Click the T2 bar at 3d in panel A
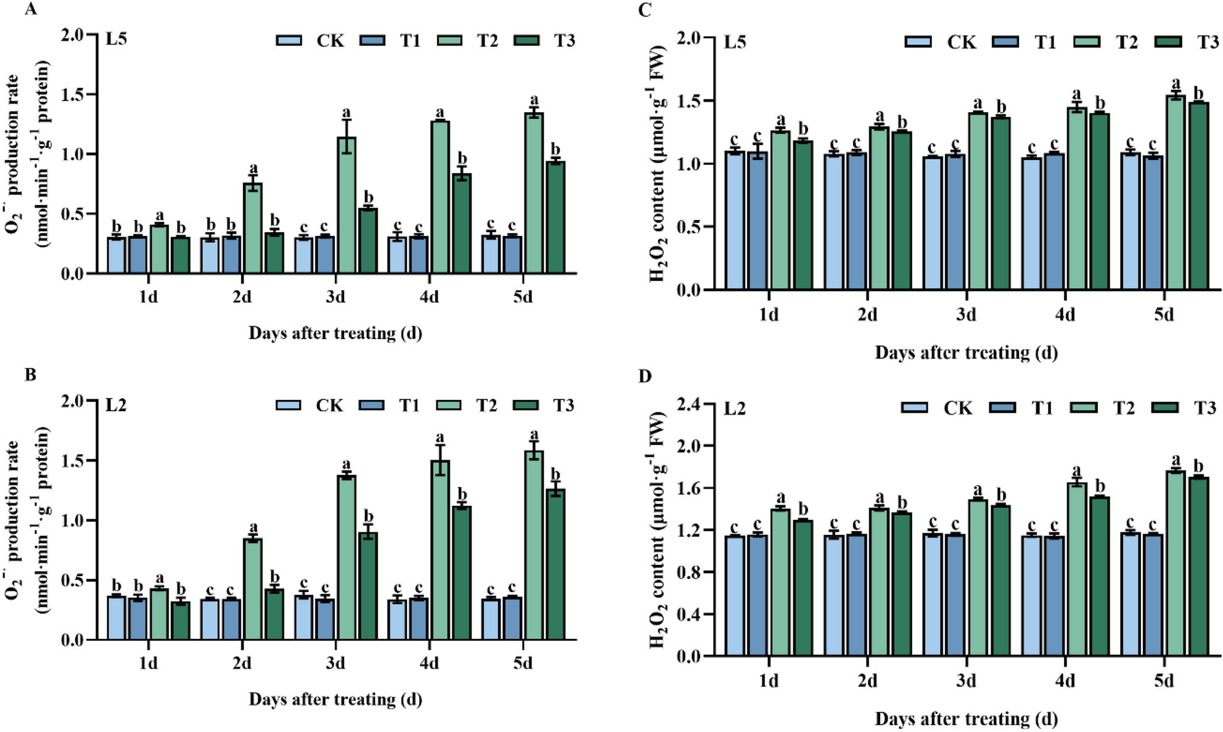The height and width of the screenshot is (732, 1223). pos(346,206)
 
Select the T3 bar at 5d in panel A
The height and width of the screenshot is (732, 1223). pos(555,218)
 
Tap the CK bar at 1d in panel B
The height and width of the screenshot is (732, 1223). pos(117,618)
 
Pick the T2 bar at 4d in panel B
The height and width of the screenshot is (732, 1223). pos(440,551)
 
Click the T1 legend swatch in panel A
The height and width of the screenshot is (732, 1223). pos(372,41)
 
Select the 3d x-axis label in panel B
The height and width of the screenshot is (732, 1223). pos(335,663)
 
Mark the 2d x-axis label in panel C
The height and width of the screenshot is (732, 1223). pos(867,315)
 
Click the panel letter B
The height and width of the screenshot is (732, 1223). pos(30,375)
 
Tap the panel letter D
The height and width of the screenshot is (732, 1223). pos(645,376)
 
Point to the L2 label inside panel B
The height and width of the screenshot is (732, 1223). pos(116,405)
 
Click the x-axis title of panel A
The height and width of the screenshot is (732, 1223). pos(335,333)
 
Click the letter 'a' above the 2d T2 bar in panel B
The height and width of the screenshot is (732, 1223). pos(253,527)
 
